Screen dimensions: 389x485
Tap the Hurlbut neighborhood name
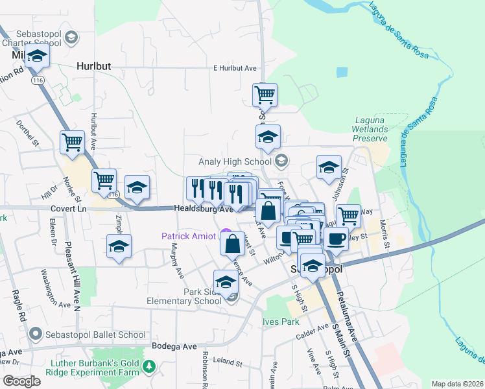pos(95,66)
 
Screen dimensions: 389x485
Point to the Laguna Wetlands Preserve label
pos(372,129)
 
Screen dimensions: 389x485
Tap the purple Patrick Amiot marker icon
pos(225,235)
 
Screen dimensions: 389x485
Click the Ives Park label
pos(280,321)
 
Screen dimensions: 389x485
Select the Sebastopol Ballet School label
pos(95,335)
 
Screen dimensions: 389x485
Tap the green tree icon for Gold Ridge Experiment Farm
pos(150,367)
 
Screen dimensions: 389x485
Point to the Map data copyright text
pos(457,384)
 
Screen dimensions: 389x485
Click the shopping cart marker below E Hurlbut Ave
pos(265,95)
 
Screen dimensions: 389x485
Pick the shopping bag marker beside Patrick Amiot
pos(232,244)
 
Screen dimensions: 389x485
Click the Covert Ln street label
pos(68,209)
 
